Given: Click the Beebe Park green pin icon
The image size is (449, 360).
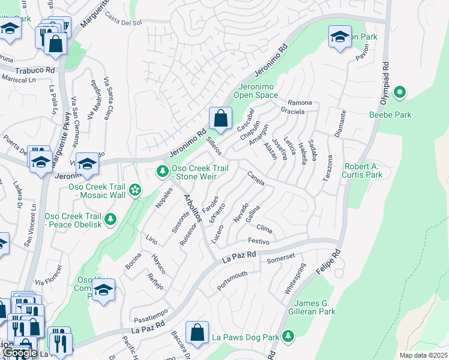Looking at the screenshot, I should click(399, 92).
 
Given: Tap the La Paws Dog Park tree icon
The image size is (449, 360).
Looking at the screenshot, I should click(289, 335).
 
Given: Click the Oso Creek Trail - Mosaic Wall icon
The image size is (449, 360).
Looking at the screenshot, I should click(136, 191).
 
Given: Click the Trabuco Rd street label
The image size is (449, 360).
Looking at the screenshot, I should click(35, 70).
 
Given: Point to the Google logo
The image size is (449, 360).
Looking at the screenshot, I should click(20, 352).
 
